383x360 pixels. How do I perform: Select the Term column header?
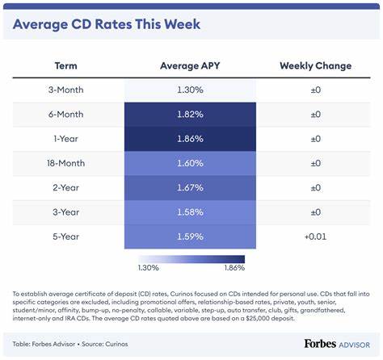pyautogui.click(x=65, y=65)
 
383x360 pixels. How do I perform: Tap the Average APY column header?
pyautogui.click(x=190, y=65)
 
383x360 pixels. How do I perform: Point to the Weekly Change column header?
pyautogui.click(x=315, y=65)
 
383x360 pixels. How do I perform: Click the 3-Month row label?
pyautogui.click(x=65, y=90)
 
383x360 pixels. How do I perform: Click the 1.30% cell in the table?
pyautogui.click(x=190, y=90)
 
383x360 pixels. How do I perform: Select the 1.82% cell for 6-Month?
pyautogui.click(x=190, y=115)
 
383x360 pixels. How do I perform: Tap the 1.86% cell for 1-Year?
pyautogui.click(x=190, y=140)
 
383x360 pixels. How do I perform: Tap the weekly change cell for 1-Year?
pyautogui.click(x=315, y=140)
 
